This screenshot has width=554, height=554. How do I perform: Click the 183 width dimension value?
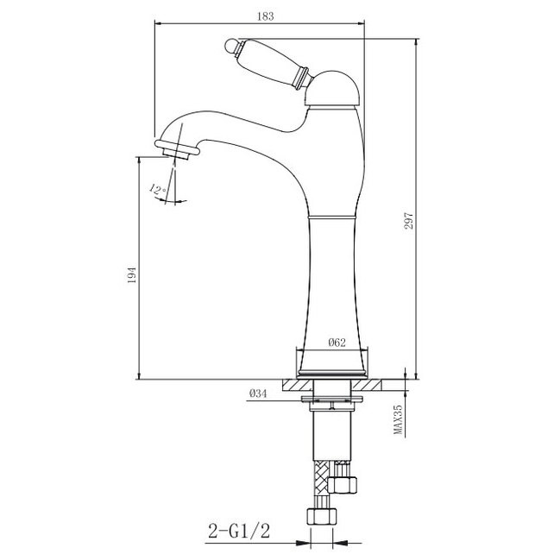[265, 16]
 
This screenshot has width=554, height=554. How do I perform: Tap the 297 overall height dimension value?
[408, 221]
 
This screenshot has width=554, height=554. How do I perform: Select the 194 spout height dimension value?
[131, 275]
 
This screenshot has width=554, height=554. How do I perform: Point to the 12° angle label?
[158, 190]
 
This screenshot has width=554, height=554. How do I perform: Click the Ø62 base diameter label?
[337, 342]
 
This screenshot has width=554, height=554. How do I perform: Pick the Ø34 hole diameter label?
[258, 393]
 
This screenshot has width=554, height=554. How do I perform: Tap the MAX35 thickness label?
[398, 419]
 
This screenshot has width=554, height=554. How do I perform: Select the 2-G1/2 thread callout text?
[239, 531]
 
